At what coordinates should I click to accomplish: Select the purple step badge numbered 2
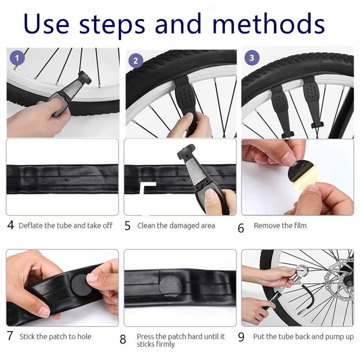[x=135, y=61]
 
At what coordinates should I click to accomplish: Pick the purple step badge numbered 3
[x=251, y=58]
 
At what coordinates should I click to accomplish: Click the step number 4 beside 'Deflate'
[x=11, y=225]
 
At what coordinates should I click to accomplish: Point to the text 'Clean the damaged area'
[x=176, y=225]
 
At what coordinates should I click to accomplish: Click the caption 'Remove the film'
[x=280, y=225]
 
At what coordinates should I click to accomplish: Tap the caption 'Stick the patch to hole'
[x=55, y=336]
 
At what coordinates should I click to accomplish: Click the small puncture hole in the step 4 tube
[x=67, y=180]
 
